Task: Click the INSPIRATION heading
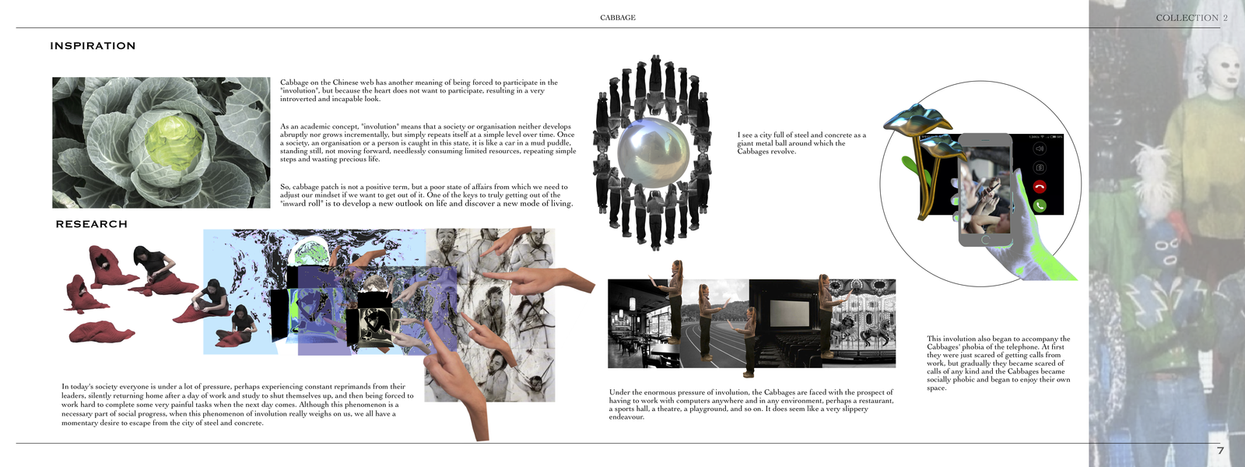click(x=93, y=46)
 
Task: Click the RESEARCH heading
click(x=92, y=224)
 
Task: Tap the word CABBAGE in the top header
click(x=618, y=18)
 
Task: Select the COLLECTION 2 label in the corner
click(x=1191, y=18)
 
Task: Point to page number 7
click(x=1221, y=451)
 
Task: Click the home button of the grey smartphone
click(x=985, y=240)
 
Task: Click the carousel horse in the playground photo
click(x=868, y=334)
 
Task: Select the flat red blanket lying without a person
click(x=102, y=332)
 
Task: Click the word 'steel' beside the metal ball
click(x=798, y=135)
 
